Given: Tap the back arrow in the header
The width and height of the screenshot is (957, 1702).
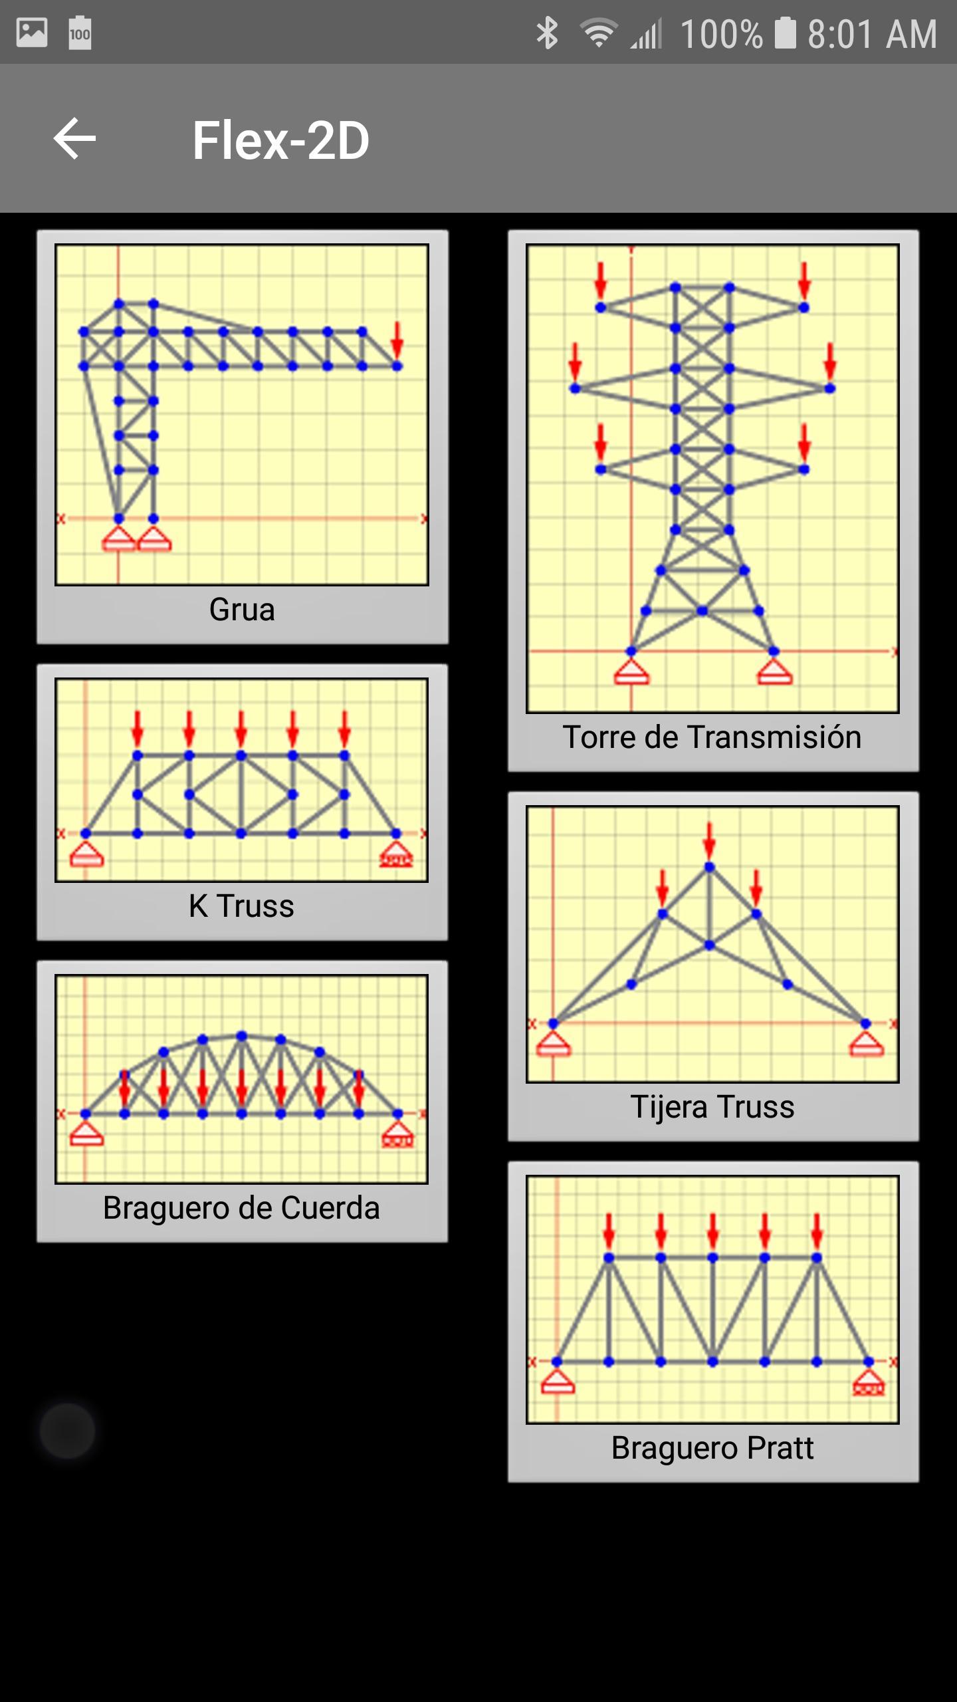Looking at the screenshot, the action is coord(74,138).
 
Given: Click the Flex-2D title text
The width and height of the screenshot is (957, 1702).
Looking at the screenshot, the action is coord(280,140).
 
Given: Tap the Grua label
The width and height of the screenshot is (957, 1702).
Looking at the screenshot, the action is coord(242,610).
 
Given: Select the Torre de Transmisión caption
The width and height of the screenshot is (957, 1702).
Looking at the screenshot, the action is coord(712,737).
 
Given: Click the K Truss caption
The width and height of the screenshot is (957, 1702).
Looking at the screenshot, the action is coord(241,906).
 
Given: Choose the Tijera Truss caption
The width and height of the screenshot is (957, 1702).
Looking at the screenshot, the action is coord(712,1107).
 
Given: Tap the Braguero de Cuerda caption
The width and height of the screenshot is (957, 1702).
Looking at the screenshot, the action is coord(241,1208).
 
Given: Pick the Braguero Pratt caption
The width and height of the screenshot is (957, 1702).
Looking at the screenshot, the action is coord(712,1448).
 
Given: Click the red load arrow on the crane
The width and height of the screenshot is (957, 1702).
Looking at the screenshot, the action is coord(397,340).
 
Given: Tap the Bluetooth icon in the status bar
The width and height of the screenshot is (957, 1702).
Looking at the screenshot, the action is coord(547,33).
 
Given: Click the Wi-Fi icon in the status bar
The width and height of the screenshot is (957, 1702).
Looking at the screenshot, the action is coord(599,33).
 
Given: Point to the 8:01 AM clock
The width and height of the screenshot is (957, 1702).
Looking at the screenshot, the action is coord(872,34).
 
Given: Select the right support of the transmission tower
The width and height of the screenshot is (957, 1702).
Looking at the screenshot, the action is coord(774,671).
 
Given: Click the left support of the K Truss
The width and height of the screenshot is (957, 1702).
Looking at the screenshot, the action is coord(86,854).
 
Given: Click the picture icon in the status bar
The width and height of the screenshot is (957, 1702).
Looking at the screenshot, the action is coord(32,33).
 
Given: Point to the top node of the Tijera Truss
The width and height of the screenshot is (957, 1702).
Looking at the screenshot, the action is coord(709,867).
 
